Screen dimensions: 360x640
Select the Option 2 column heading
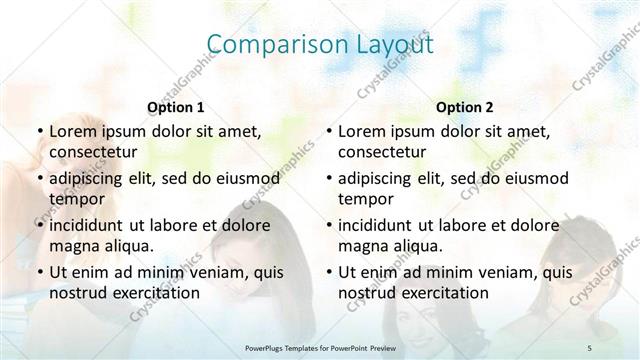click(465, 107)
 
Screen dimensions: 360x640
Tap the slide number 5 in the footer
click(590, 346)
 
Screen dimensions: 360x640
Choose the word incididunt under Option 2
click(381, 224)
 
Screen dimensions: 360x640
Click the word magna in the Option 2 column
click(361, 246)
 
